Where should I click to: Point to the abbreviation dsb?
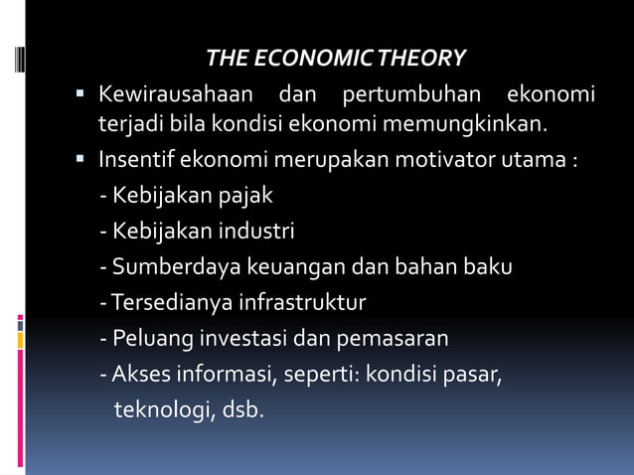(x=244, y=410)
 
